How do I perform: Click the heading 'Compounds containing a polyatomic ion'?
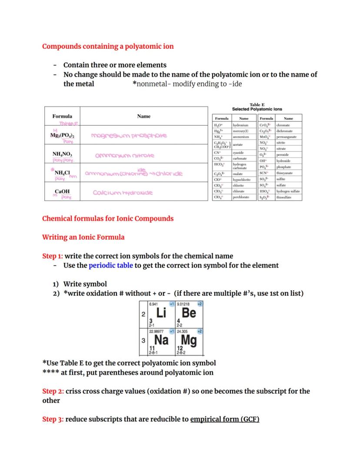click(x=108, y=47)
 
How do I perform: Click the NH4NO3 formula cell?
click(x=62, y=154)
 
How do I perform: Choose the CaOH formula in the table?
click(x=62, y=191)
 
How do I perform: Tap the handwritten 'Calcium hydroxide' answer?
click(x=123, y=192)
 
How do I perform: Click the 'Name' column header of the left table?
click(x=143, y=116)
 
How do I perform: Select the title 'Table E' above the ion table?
click(x=257, y=104)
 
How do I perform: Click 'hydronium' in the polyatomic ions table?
click(x=240, y=125)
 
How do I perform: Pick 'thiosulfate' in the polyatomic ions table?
click(x=284, y=197)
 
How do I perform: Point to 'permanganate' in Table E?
click(x=287, y=137)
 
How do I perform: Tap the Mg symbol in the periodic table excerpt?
click(x=188, y=340)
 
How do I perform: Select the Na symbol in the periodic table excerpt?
click(x=161, y=340)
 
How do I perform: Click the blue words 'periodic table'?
click(x=111, y=265)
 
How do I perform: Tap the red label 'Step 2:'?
click(x=53, y=391)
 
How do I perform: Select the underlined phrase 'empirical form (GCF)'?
click(x=224, y=419)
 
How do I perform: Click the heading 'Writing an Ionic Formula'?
click(x=83, y=237)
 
